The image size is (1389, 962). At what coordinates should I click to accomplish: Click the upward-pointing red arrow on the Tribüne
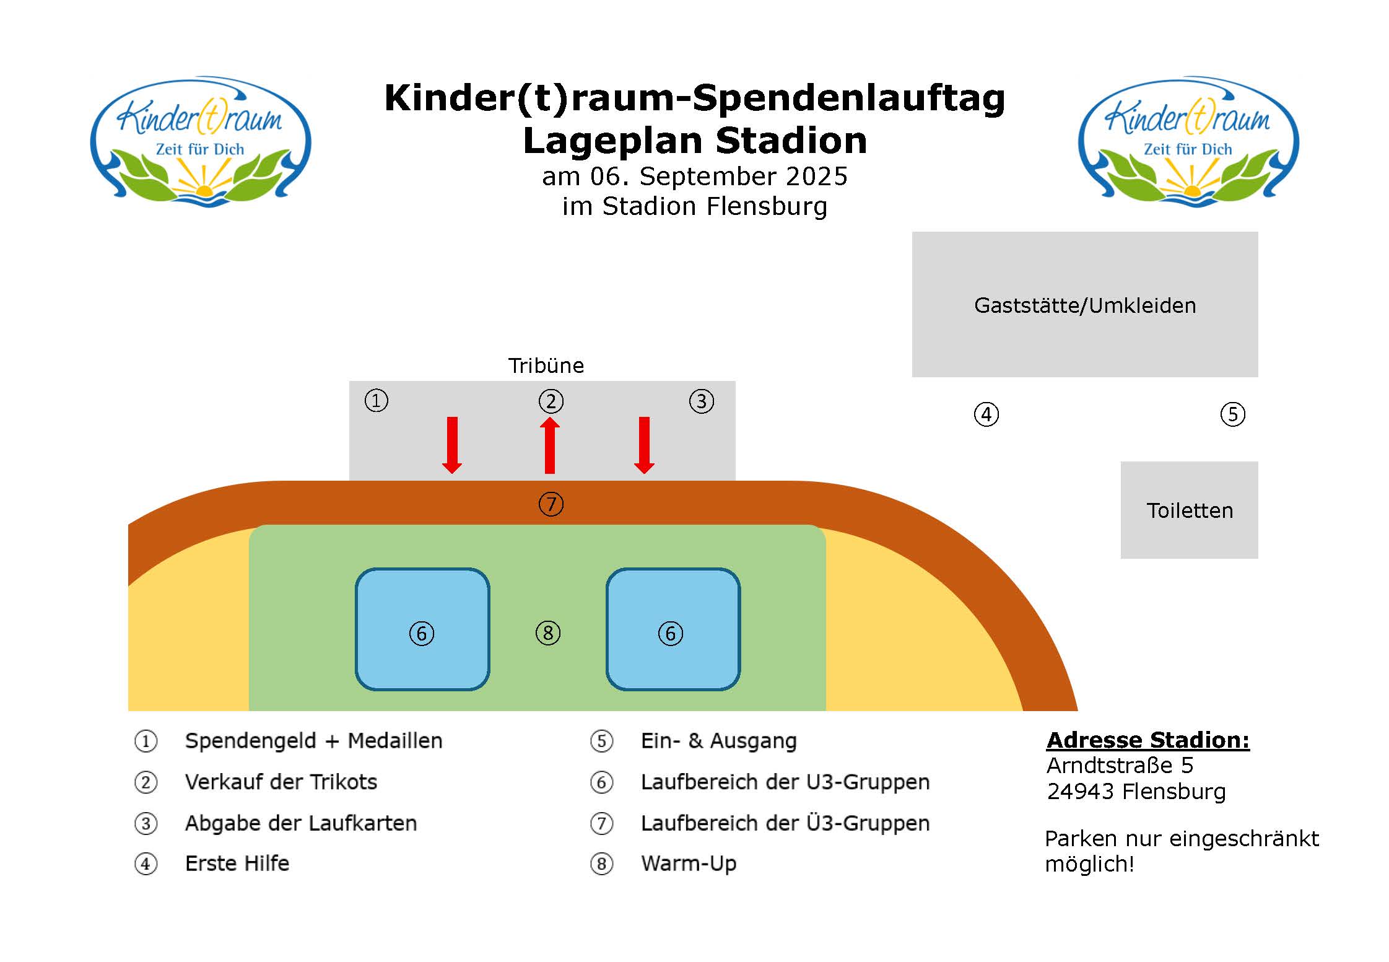550,445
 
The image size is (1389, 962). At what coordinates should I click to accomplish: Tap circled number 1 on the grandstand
377,400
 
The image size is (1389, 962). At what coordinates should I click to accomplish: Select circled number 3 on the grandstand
702,401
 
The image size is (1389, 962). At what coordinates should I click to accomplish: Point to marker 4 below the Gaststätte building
986,414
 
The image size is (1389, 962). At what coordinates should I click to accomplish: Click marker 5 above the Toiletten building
1232,414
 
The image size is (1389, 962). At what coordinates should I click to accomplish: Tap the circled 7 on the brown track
551,504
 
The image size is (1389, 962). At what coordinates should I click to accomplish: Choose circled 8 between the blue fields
548,633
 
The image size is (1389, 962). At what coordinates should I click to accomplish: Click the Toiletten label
1190,510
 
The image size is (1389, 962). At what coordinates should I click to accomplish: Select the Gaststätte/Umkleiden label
1085,305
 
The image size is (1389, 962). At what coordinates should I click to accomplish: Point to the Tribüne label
546,365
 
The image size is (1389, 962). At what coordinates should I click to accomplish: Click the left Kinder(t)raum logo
201,142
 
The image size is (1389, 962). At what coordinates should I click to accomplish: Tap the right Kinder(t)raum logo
1188,142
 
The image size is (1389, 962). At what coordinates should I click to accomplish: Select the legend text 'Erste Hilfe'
237,863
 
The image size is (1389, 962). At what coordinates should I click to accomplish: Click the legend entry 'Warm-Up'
689,864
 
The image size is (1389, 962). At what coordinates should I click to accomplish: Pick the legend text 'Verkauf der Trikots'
281,782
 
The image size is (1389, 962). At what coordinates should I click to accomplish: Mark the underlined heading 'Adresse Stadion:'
1148,740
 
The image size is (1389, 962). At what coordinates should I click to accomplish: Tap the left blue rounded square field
422,629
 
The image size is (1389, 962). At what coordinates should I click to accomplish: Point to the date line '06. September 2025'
718,177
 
